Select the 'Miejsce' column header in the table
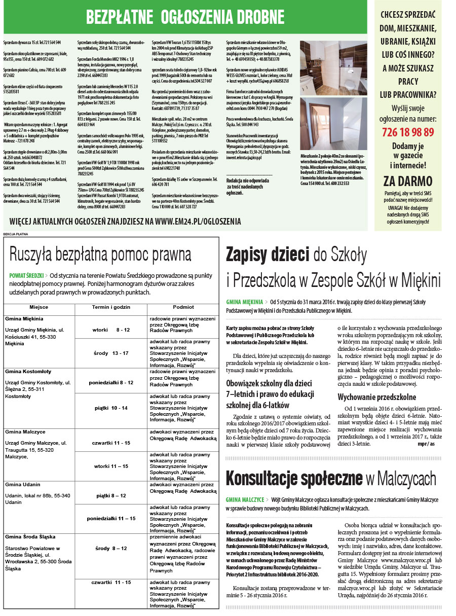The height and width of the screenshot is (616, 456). [39, 307]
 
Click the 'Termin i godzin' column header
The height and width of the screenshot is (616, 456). [111, 307]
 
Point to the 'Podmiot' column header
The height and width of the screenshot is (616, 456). [183, 307]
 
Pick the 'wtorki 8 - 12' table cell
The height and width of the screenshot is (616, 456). [111, 330]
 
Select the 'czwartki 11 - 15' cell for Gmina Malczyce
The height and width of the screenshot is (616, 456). [111, 443]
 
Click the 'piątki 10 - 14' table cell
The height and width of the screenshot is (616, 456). [111, 408]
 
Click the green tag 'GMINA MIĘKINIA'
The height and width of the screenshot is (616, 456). [245, 302]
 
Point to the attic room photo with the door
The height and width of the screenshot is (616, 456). [333, 123]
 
